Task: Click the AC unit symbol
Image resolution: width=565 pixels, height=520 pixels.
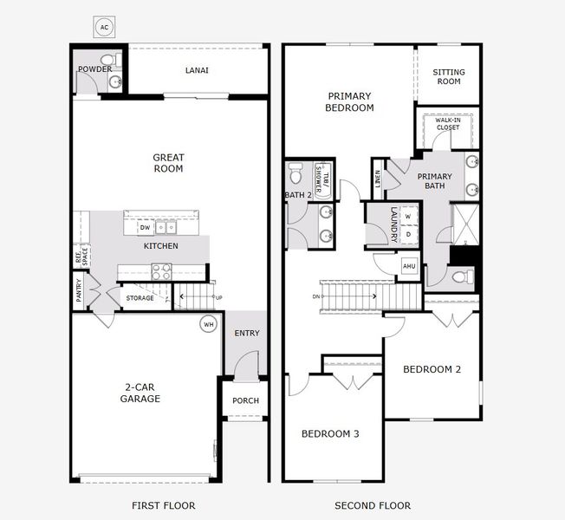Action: (x=105, y=28)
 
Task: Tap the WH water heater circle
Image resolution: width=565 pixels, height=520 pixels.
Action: (x=208, y=325)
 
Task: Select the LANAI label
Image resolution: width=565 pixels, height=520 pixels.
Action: (x=197, y=71)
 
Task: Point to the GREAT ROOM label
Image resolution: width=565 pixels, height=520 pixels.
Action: (x=168, y=163)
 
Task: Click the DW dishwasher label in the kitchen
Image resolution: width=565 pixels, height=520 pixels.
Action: (x=146, y=228)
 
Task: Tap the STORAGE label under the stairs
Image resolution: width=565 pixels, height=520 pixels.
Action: (x=140, y=298)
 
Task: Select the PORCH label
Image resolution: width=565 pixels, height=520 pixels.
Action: (x=245, y=400)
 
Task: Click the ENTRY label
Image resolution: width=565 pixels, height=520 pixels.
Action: (x=247, y=334)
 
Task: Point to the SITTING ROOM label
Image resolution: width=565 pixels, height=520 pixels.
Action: (x=449, y=77)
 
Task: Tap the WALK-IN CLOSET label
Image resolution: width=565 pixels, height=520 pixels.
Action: (x=448, y=124)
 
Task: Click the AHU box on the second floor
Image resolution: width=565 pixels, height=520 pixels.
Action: (x=409, y=266)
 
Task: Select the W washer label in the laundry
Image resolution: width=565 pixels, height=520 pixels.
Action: (x=407, y=217)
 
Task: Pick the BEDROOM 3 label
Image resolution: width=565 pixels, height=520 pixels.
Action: (x=329, y=433)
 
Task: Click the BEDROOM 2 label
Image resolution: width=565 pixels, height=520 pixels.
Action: (x=432, y=369)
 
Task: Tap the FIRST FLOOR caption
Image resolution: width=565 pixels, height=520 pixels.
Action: (x=163, y=505)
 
